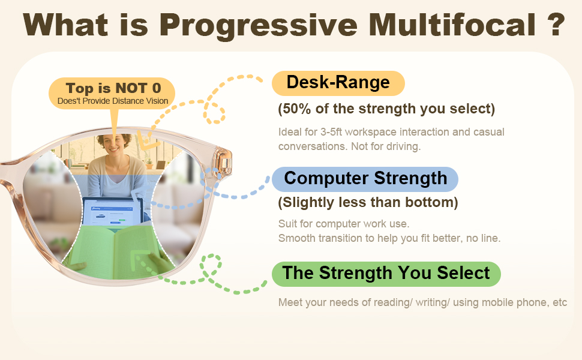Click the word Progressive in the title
[x=259, y=25]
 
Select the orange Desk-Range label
[x=338, y=83]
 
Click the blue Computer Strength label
[x=365, y=179]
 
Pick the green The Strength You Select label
[x=386, y=274]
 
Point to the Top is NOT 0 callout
[x=112, y=93]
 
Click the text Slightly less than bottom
[x=368, y=203]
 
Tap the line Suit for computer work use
[x=344, y=224]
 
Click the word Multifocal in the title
[x=452, y=25]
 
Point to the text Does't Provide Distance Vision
[x=113, y=101]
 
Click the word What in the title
[x=65, y=25]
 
